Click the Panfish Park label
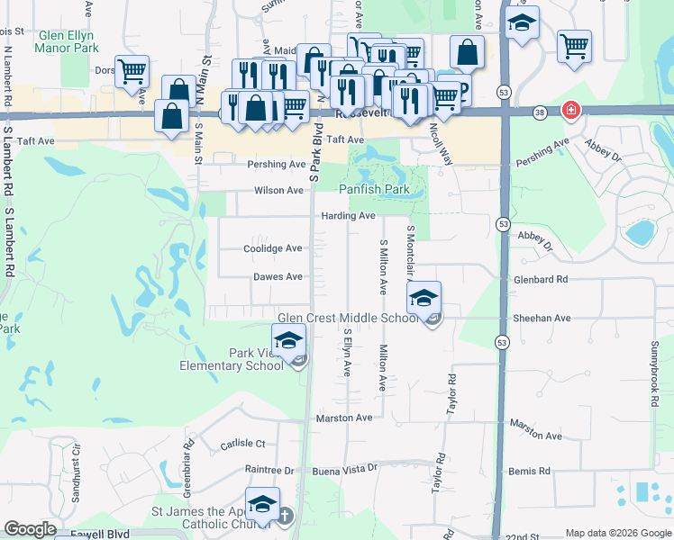[374, 190]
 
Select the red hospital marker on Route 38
[570, 111]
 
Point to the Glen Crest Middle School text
[348, 319]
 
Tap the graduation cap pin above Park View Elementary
[288, 340]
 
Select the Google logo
[30, 529]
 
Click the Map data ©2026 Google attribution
[618, 533]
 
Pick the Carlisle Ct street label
[242, 444]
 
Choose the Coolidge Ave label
[273, 248]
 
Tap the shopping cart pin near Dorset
[132, 71]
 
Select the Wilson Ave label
[278, 191]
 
